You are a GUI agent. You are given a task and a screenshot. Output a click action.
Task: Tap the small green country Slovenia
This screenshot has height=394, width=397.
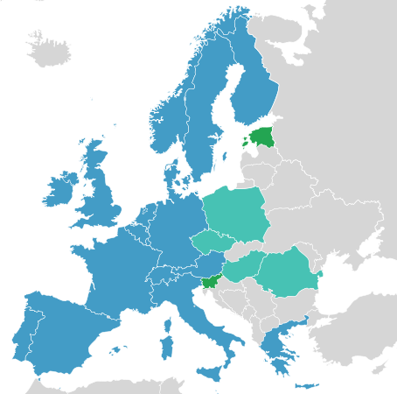click(x=209, y=281)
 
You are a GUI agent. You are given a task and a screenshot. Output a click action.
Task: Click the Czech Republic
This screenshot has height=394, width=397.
click(x=211, y=240)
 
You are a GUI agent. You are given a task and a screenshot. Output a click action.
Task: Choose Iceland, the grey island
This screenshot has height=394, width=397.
click(x=48, y=51)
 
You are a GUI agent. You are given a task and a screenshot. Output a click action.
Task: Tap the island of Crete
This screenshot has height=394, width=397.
click(x=307, y=385)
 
